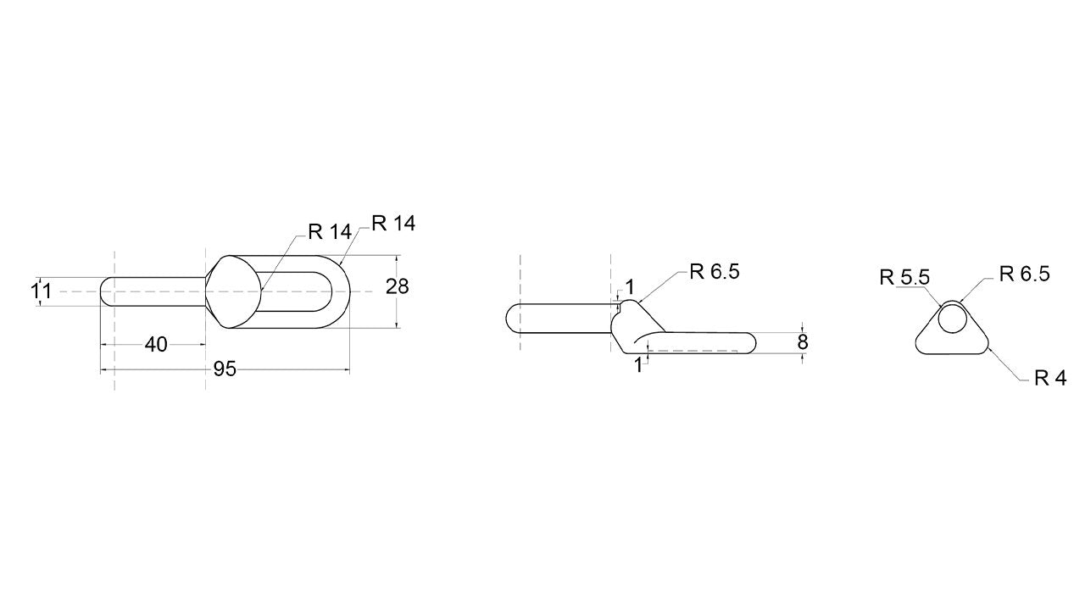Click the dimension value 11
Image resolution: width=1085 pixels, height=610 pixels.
point(42,291)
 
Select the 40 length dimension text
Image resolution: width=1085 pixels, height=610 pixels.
point(156,345)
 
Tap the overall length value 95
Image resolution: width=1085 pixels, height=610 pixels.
point(225,369)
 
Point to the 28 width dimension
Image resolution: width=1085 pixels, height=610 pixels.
point(398,287)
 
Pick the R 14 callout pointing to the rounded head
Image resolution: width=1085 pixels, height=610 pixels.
point(330,232)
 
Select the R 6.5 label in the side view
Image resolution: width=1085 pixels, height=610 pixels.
point(715,272)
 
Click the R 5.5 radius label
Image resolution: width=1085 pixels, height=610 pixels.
point(904,277)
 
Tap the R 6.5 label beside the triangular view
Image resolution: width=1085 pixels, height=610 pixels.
point(1025,274)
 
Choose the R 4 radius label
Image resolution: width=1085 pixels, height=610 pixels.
point(1050,378)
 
